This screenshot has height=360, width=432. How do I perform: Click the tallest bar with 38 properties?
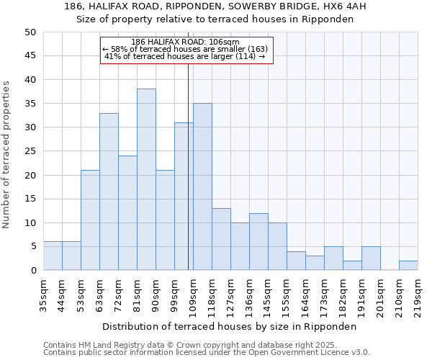146,179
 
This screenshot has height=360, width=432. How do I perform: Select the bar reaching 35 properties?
202,186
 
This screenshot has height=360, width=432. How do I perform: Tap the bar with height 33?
109,192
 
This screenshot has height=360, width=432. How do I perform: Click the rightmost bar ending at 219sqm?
408,265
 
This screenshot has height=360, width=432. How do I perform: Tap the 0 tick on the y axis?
32,271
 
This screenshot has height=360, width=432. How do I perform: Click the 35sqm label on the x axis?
43,294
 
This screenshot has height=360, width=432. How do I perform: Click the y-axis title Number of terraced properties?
6,154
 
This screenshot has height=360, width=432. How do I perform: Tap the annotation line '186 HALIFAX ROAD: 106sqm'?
186,42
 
